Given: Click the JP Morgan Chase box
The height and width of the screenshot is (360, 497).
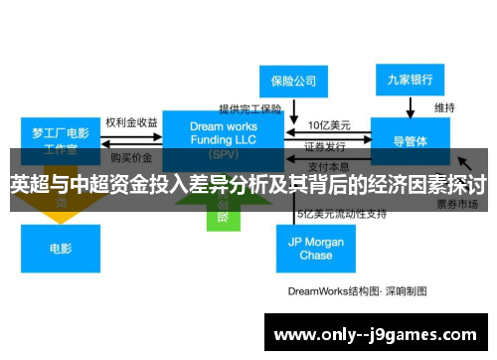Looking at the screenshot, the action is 316,248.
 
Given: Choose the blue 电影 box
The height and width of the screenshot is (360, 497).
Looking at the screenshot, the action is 61,248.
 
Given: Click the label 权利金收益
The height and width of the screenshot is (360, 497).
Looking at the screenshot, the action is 130,121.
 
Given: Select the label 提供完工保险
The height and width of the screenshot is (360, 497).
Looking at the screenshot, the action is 250,107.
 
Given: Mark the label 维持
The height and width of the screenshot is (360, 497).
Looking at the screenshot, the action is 443,107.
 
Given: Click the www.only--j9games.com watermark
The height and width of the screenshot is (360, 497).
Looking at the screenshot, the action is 377,334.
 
